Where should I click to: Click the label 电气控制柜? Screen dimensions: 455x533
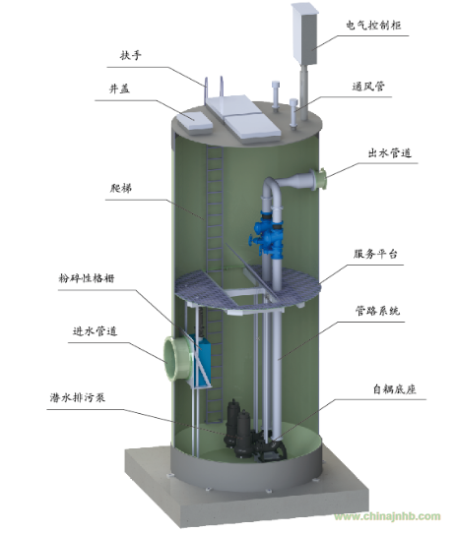tap(373, 26)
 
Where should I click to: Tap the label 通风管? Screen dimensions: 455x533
tap(368, 87)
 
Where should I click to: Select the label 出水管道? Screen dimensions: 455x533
tap(390, 153)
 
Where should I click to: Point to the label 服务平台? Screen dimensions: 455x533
tap(375, 254)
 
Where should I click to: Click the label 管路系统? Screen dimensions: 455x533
tap(377, 311)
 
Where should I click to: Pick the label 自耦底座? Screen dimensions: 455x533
tap(394, 388)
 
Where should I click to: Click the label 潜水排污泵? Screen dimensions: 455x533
tap(77, 397)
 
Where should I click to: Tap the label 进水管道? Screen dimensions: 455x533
tap(95, 330)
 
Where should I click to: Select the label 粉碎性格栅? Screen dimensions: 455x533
tap(87, 278)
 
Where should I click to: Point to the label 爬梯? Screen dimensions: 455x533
tap(121, 188)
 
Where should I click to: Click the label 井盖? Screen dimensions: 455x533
tap(119, 89)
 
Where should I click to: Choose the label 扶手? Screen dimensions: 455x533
tap(130, 55)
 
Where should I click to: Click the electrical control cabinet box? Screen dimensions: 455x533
tap(304, 34)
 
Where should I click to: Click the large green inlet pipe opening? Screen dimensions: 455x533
tap(174, 359)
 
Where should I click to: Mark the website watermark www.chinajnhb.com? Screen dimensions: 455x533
tap(387, 516)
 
